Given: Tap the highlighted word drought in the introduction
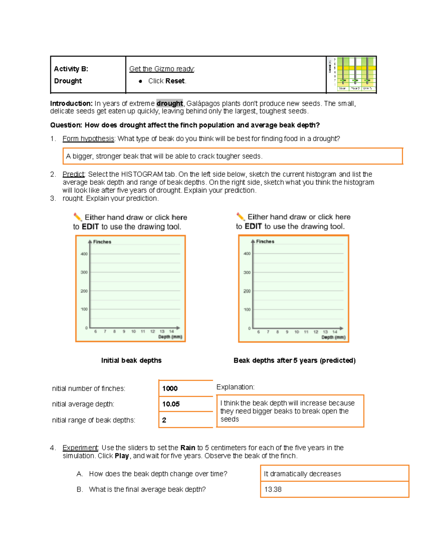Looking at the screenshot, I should point(169,103).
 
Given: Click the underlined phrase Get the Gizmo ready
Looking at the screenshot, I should point(162,69).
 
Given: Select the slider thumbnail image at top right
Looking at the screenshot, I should point(351,75).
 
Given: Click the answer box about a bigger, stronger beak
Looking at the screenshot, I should point(233,156).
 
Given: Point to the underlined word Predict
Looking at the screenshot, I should point(73,174).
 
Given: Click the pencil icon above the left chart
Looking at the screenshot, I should point(77,217).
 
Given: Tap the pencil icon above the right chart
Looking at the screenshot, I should point(240,216).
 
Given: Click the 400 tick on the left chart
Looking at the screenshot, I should point(84,254).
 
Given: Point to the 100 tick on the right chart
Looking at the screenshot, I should point(247,310).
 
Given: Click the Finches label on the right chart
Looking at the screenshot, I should point(265,241).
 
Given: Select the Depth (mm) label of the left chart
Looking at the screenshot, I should point(170,337).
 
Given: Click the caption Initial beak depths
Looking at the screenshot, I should point(131,360).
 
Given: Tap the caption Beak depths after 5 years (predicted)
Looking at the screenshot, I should point(294,360).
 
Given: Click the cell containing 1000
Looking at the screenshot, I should point(185,388).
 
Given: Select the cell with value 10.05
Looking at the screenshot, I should point(185,404).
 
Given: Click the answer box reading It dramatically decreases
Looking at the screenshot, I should point(334,474).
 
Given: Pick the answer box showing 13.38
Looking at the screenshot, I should point(334,489).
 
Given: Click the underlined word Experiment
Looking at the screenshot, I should point(80,448).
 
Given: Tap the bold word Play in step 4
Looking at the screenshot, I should point(121,456).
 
